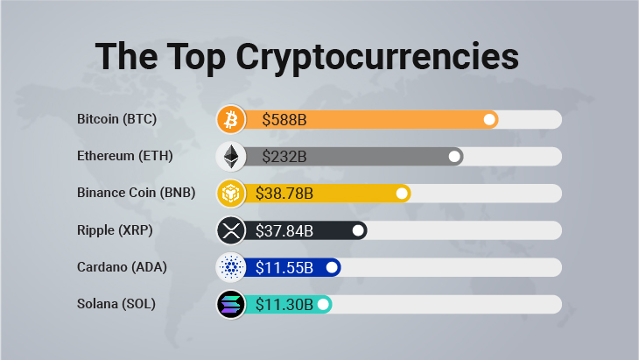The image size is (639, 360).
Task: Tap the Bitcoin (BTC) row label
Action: [116, 119]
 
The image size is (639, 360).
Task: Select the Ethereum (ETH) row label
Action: [124, 156]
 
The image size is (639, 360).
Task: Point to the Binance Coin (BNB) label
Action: [136, 193]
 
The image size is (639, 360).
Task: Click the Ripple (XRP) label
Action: [114, 230]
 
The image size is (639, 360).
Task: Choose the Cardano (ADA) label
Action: [121, 267]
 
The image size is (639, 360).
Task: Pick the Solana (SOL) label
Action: [116, 304]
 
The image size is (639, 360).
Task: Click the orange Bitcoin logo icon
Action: [232, 119]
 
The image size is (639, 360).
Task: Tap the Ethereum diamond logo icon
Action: [232, 156]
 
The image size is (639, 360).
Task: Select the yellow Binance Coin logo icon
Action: [232, 193]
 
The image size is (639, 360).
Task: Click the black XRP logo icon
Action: [232, 230]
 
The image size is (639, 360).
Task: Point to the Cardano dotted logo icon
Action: [232, 267]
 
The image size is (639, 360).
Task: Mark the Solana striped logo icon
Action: [232, 304]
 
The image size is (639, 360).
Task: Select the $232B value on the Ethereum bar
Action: [284, 157]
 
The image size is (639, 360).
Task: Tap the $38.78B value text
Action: [284, 194]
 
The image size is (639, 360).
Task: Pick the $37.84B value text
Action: [284, 230]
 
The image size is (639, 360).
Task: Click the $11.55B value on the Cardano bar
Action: [284, 267]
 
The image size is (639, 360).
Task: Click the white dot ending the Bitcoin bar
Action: [489, 119]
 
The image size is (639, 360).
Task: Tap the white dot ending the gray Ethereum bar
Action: [454, 156]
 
